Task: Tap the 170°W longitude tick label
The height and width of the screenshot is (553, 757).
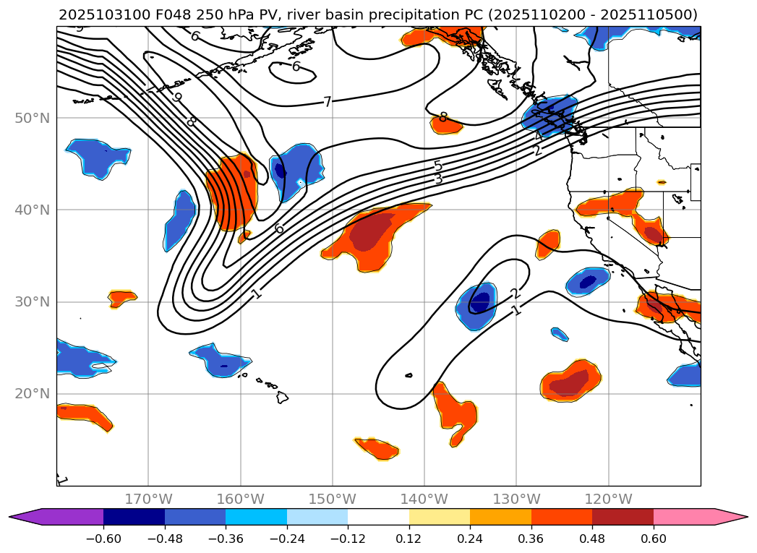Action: pyautogui.click(x=148, y=500)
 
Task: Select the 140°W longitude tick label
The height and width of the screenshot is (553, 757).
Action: pyautogui.click(x=424, y=500)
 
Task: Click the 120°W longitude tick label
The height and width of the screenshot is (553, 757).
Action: pyautogui.click(x=608, y=500)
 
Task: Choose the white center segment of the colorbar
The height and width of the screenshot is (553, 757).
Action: pyautogui.click(x=378, y=517)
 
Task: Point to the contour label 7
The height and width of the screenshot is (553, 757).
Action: pyautogui.click(x=328, y=102)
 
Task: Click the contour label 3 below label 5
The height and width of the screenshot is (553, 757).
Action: pyautogui.click(x=438, y=179)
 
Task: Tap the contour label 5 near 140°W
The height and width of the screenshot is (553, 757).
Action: pyautogui.click(x=437, y=166)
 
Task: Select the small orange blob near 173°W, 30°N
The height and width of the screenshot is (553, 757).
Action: pyautogui.click(x=121, y=296)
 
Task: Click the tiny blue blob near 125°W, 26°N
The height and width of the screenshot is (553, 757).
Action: pyautogui.click(x=560, y=334)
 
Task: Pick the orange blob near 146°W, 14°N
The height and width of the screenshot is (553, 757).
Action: pyautogui.click(x=377, y=449)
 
